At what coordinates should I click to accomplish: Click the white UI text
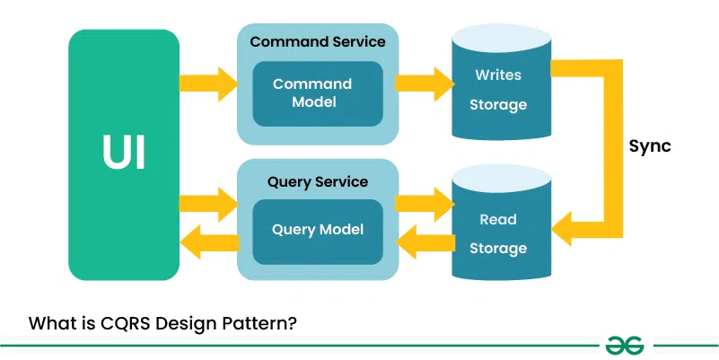pyautogui.click(x=123, y=154)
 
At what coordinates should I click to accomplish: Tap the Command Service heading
pyautogui.click(x=318, y=41)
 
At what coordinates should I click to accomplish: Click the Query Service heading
pyautogui.click(x=318, y=181)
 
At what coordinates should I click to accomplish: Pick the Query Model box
pyautogui.click(x=318, y=230)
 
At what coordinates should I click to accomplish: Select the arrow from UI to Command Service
pyautogui.click(x=207, y=83)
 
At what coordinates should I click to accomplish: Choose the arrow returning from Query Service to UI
pyautogui.click(x=207, y=241)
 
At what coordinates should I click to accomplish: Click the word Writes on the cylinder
pyautogui.click(x=498, y=75)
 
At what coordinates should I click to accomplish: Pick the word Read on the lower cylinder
pyautogui.click(x=498, y=219)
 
